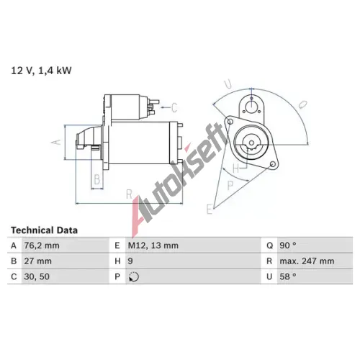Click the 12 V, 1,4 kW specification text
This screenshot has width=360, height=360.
tap(41, 71)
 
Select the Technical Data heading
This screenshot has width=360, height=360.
tap(44, 230)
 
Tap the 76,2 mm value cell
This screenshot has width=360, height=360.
tap(42, 246)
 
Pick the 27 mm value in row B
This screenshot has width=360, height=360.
tap(37, 261)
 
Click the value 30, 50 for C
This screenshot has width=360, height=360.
tap(37, 276)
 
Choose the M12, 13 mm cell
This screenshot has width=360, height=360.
tap(153, 246)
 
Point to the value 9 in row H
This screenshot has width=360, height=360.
tap(130, 261)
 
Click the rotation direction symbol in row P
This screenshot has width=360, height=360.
tap(134, 276)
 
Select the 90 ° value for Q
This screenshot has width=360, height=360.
tap(288, 246)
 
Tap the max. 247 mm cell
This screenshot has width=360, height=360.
tap(307, 261)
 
